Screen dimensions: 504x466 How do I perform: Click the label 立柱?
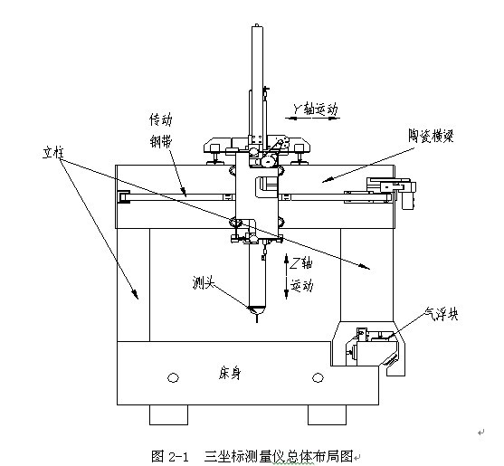pyautogui.click(x=53, y=153)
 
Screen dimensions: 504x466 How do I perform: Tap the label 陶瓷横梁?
pyautogui.click(x=431, y=136)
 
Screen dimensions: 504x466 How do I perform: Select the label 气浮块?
pyautogui.click(x=441, y=313)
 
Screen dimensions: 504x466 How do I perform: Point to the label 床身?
pyautogui.click(x=230, y=374)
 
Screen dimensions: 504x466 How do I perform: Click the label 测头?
pyautogui.click(x=204, y=282)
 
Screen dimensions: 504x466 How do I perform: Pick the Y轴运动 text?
pyautogui.click(x=315, y=109)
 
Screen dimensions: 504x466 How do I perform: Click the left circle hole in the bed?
pyautogui.click(x=173, y=377)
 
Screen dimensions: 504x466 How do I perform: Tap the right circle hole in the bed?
pyautogui.click(x=318, y=377)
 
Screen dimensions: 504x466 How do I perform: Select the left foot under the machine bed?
pyautogui.click(x=168, y=415)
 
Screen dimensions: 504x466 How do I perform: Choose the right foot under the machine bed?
pyautogui.click(x=328, y=415)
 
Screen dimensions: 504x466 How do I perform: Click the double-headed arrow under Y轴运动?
pyautogui.click(x=312, y=119)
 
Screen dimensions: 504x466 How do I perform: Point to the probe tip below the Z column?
pyautogui.click(x=256, y=319)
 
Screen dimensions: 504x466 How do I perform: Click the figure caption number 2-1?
pyautogui.click(x=177, y=456)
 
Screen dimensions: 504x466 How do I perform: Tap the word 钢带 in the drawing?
pyautogui.click(x=161, y=141)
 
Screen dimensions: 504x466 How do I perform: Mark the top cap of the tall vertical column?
pyautogui.click(x=256, y=25)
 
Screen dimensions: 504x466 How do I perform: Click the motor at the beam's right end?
pyautogui.click(x=407, y=195)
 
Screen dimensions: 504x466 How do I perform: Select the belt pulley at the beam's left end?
pyautogui.click(x=123, y=196)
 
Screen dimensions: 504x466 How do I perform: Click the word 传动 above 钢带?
pyautogui.click(x=161, y=119)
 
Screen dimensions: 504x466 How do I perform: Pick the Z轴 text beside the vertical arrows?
pyautogui.click(x=300, y=263)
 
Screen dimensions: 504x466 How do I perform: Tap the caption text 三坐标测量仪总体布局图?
pyautogui.click(x=279, y=456)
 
